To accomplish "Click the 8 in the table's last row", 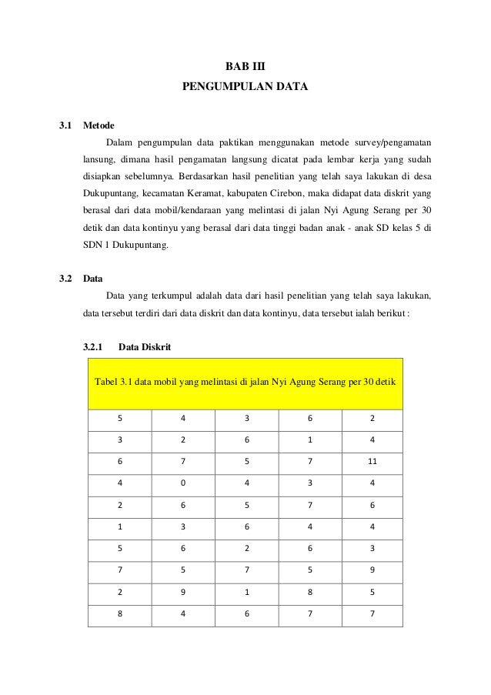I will [x=119, y=614].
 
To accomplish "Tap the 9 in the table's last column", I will [x=372, y=571].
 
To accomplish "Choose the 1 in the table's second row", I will [x=309, y=442].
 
